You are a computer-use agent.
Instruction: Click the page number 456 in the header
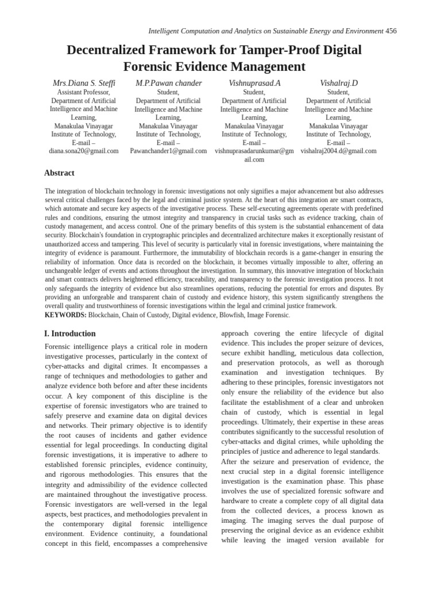tap(391, 31)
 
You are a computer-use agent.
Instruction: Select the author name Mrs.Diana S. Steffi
tap(84, 83)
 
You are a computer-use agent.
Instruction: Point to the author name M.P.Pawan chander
tap(168, 83)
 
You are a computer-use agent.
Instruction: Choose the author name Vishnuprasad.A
tap(254, 83)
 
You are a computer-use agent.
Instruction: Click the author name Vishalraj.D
tap(338, 83)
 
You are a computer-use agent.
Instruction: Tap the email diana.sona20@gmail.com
tap(84, 151)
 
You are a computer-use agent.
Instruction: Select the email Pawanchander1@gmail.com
tap(168, 151)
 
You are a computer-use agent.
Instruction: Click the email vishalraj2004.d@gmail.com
tap(338, 151)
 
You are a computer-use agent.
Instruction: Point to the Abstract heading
tap(59, 173)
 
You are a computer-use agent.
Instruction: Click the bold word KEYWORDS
tap(65, 315)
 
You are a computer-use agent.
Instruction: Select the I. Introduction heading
tap(70, 334)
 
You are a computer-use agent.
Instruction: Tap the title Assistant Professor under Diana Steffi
tap(84, 92)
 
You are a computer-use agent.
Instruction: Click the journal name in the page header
tap(266, 31)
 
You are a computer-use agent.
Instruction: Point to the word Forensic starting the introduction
tap(60, 347)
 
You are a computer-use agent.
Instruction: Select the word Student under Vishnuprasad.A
tap(254, 92)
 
